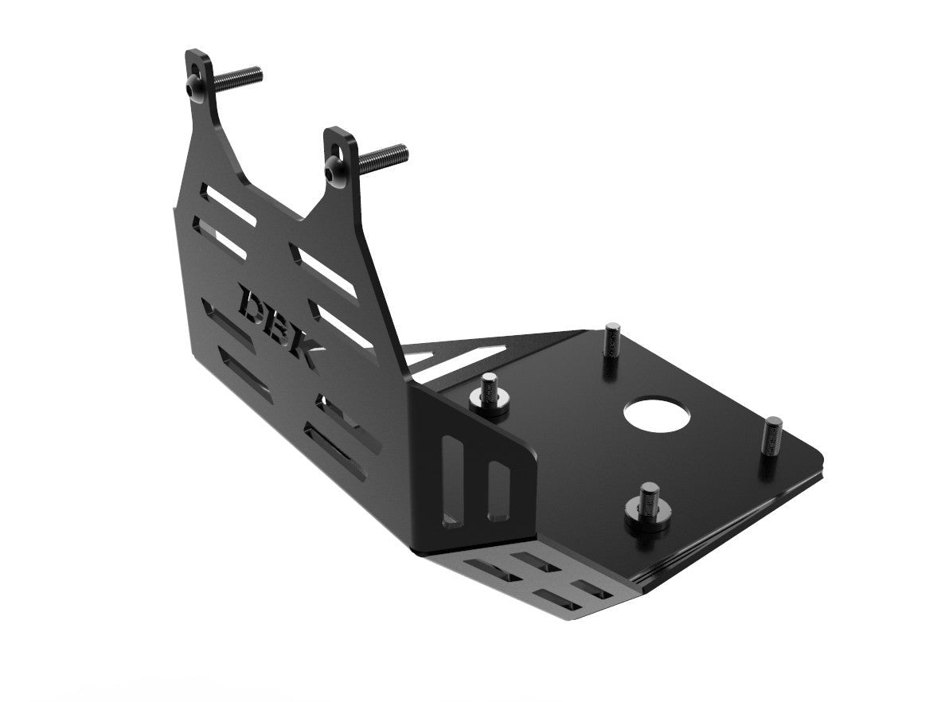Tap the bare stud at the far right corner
[x=771, y=438]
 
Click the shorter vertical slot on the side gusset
[x=501, y=487]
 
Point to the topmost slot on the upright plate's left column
[x=228, y=205]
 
